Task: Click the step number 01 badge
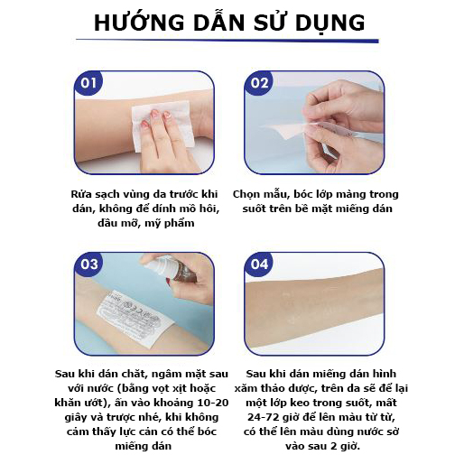click(88, 83)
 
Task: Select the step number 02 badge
click(259, 83)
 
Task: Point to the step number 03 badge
click(88, 264)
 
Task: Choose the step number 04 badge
click(259, 264)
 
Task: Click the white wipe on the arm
click(162, 125)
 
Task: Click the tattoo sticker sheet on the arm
click(135, 319)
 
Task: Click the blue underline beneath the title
click(227, 40)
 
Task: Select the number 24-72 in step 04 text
click(264, 417)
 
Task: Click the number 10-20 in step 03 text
click(212, 403)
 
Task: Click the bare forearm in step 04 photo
click(314, 310)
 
